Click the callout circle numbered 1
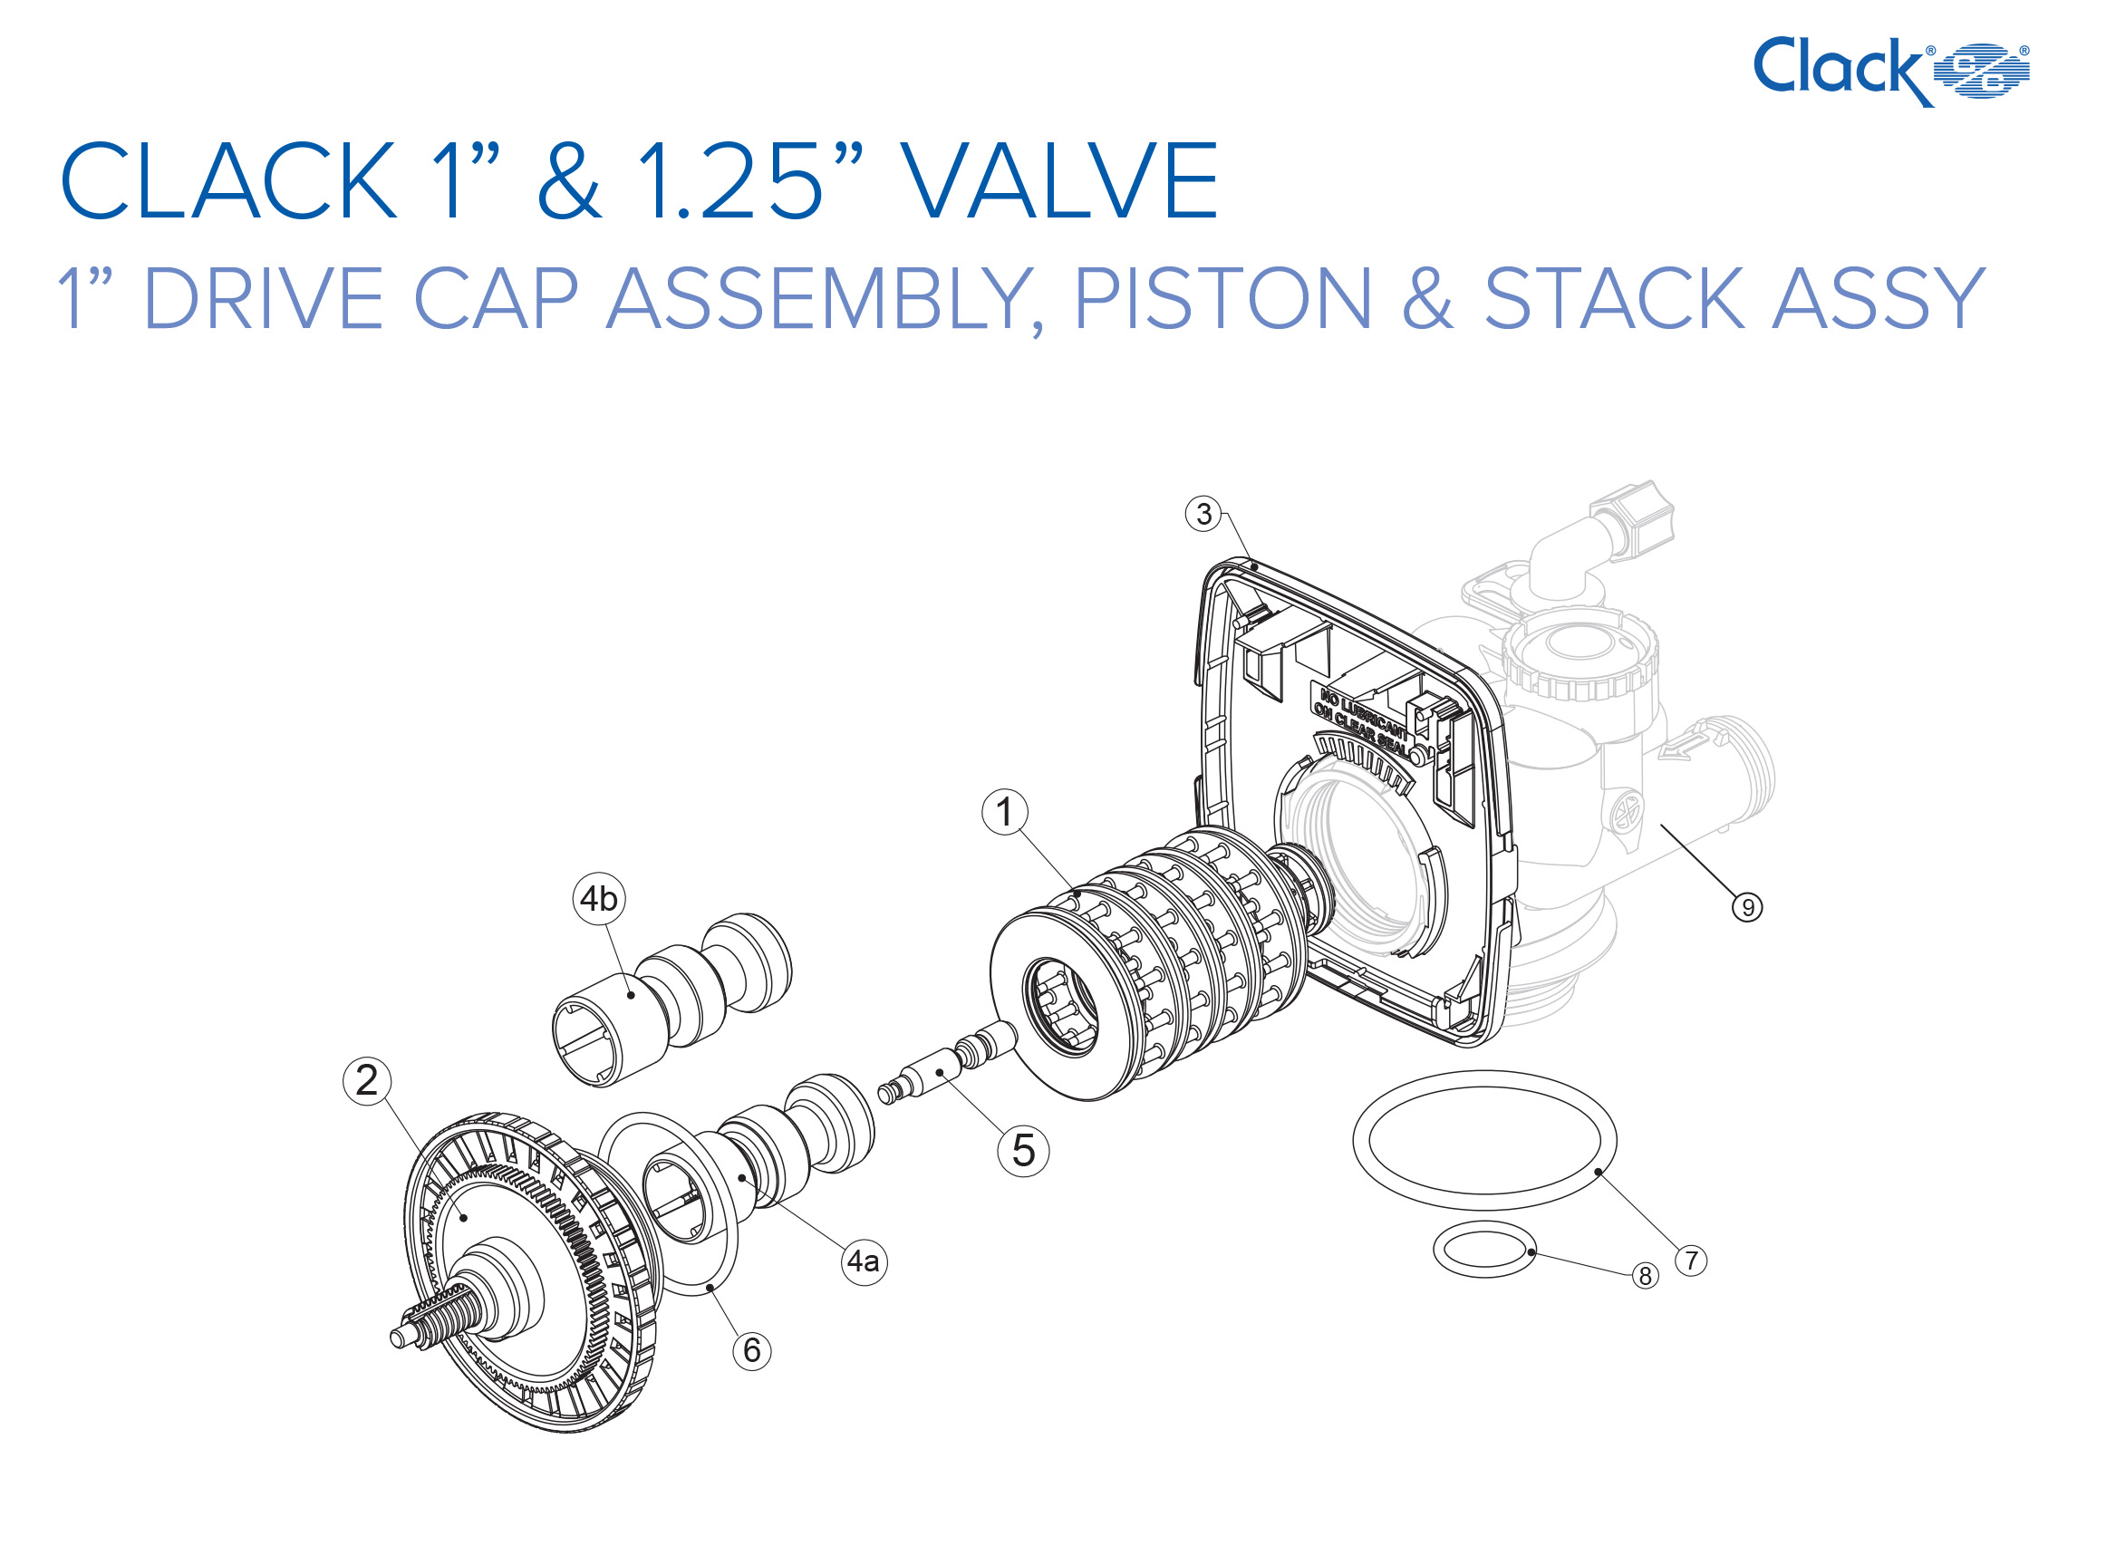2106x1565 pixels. [x=1004, y=812]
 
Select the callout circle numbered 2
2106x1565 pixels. [x=367, y=1081]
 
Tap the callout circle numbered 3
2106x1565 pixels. [x=1203, y=514]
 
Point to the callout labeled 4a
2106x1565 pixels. [x=863, y=1261]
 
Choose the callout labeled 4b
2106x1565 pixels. [x=599, y=898]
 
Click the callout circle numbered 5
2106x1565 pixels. [x=1023, y=1151]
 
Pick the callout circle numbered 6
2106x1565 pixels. [x=751, y=1350]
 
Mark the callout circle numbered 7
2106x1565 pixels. [x=1691, y=1261]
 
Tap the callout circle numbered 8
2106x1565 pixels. [x=1646, y=1276]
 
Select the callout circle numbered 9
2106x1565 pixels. [x=1747, y=907]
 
